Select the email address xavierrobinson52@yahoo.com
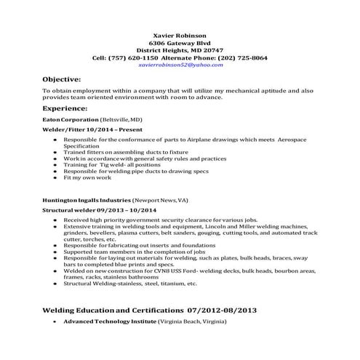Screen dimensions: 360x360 coord(181,64)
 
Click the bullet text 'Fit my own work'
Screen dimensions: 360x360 coord(87,177)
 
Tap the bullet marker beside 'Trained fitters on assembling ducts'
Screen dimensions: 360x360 coord(55,151)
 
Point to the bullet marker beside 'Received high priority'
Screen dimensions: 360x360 coord(55,219)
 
